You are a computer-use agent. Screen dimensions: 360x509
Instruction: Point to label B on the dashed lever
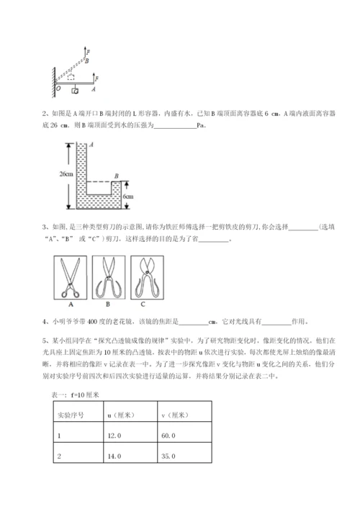tap(86, 62)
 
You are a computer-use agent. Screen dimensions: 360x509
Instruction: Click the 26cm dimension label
tap(67, 174)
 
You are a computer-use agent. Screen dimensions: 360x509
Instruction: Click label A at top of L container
tap(84, 145)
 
